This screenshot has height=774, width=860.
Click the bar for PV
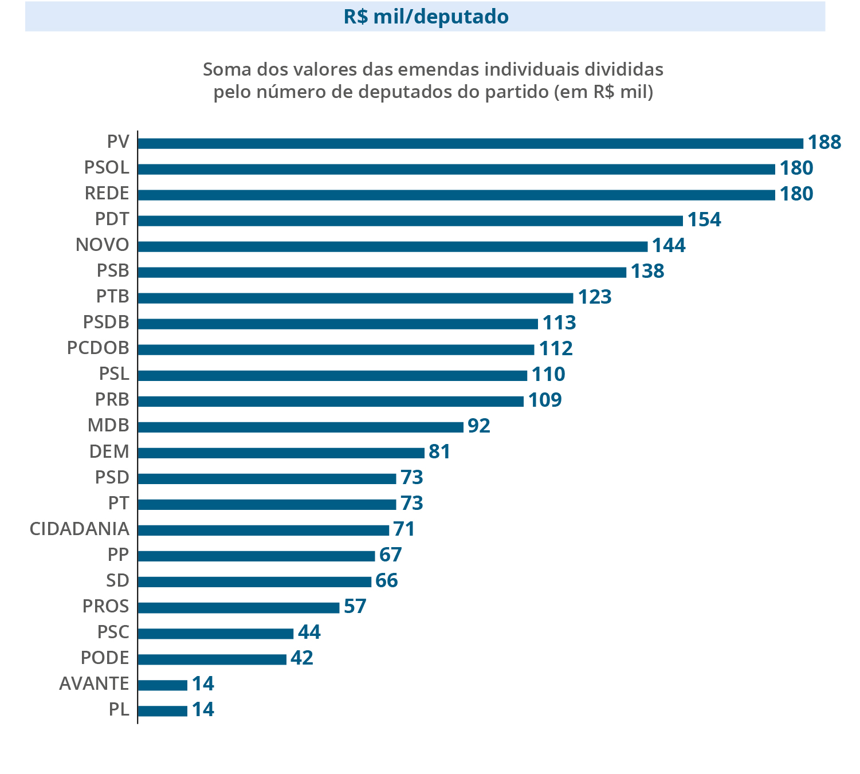[470, 143]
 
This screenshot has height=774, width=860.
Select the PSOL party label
[107, 168]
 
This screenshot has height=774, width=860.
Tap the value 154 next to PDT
[704, 220]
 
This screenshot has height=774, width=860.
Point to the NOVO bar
[392, 246]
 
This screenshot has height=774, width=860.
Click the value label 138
[647, 272]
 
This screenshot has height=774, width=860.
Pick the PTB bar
[355, 298]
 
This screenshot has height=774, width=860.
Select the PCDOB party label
[98, 348]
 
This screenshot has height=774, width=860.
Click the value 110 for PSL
[548, 375]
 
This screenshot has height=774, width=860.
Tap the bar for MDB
[300, 427]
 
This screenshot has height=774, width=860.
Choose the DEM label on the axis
[109, 451]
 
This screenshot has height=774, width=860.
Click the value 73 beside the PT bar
[411, 504]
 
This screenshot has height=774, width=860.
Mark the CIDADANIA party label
[79, 529]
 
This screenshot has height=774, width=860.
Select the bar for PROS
[238, 607]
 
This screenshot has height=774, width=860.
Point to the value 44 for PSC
[309, 632]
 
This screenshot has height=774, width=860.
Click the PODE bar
[212, 659]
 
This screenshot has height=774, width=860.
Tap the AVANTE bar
[163, 685]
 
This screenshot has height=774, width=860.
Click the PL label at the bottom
[119, 709]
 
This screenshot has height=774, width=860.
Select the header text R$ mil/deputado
[426, 17]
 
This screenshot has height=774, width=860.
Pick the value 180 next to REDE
[796, 194]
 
